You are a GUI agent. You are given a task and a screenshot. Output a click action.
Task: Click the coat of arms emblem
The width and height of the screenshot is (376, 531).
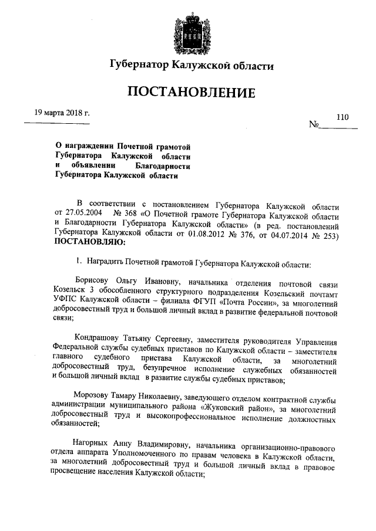click(189, 29)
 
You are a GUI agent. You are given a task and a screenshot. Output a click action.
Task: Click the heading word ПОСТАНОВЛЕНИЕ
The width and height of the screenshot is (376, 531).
click(188, 93)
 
